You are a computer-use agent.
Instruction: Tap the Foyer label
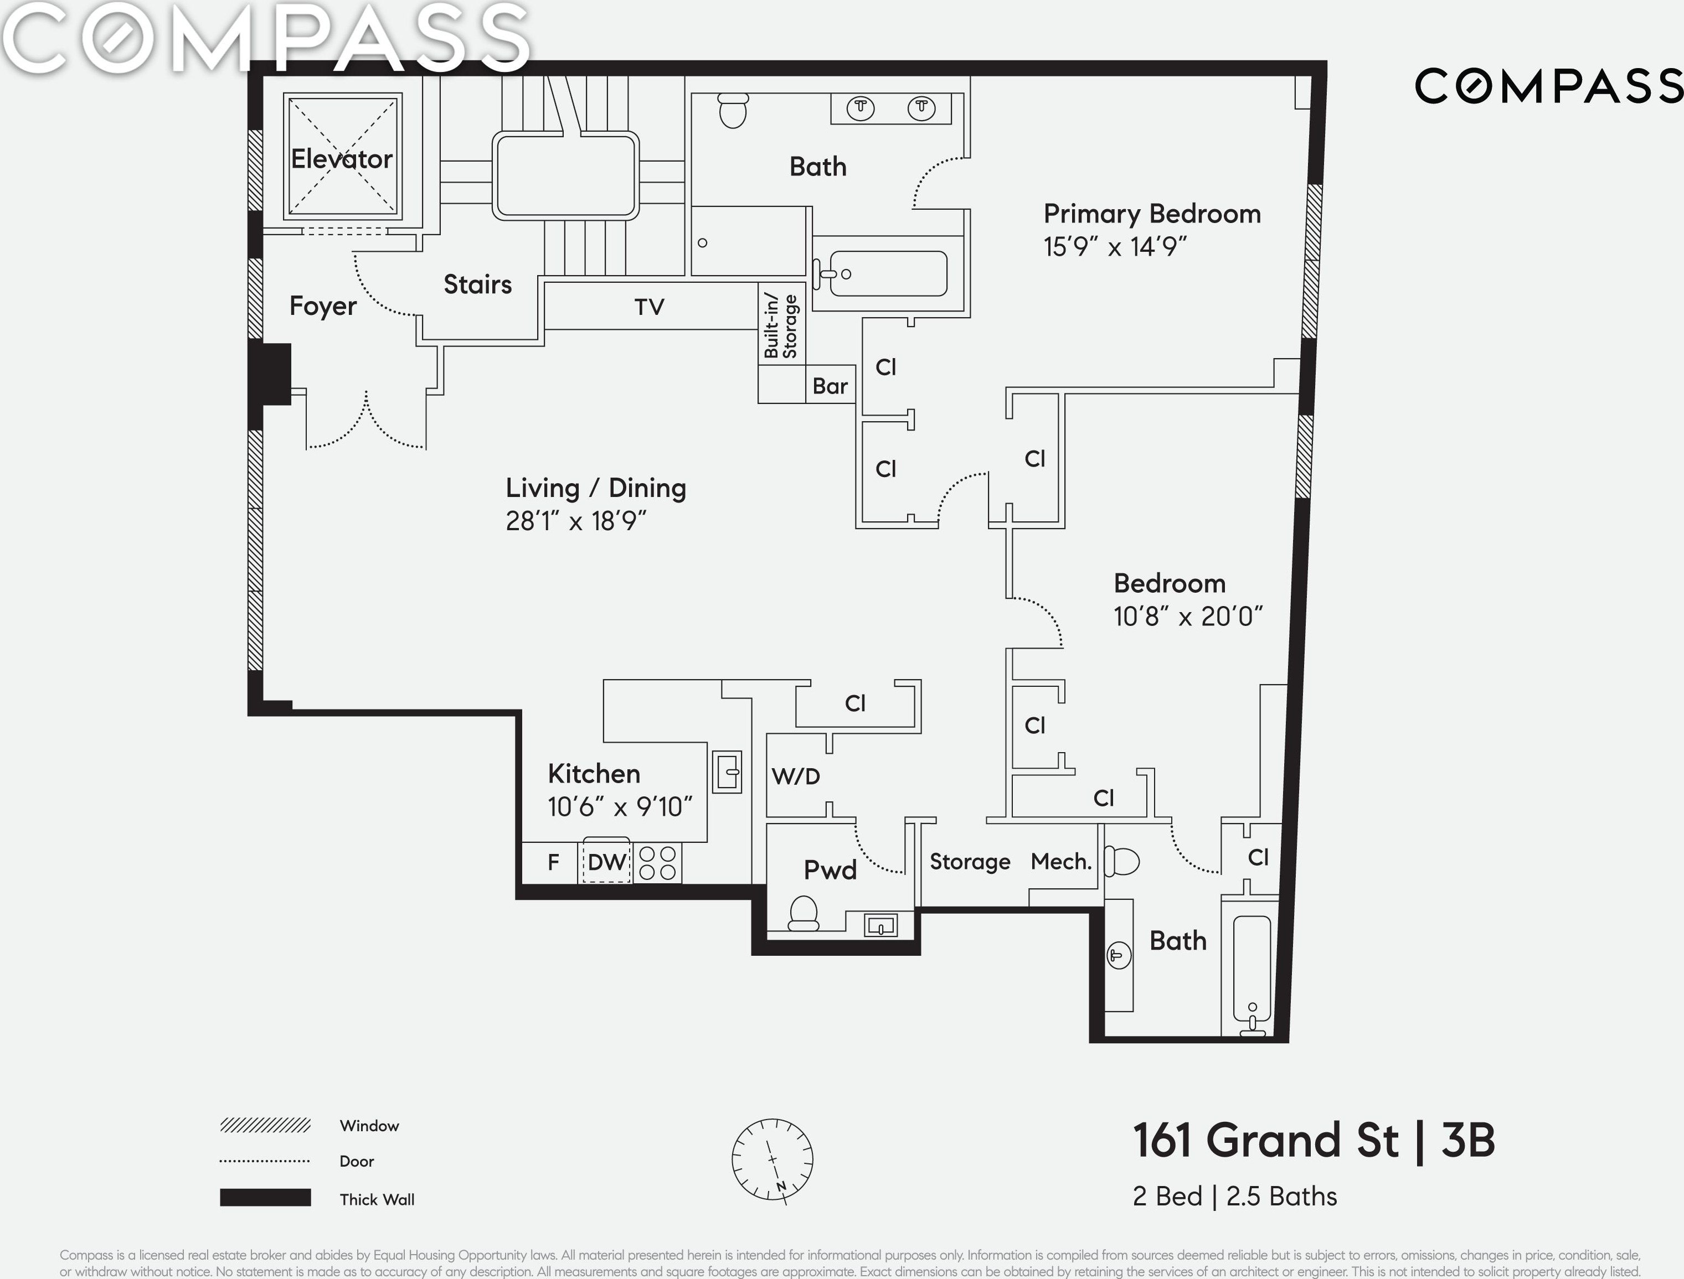pos(323,306)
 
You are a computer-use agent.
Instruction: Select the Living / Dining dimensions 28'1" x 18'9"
pos(576,521)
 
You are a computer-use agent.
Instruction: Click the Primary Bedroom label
pos(1152,214)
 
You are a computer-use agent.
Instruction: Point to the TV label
pos(650,307)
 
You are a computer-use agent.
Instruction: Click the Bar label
pos(830,386)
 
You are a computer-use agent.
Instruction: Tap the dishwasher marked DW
pos(607,861)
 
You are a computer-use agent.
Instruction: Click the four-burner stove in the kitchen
pos(657,863)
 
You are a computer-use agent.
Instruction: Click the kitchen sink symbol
pos(728,772)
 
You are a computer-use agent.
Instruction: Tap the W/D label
pos(796,776)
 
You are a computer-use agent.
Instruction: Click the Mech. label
pos(1061,861)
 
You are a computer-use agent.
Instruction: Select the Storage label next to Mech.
pos(970,862)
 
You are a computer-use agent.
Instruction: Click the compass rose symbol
pos(773,1160)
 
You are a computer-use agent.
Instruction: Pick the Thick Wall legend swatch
pos(265,1198)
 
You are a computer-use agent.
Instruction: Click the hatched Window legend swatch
pos(265,1125)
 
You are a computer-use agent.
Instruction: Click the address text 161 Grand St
pos(1266,1141)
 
